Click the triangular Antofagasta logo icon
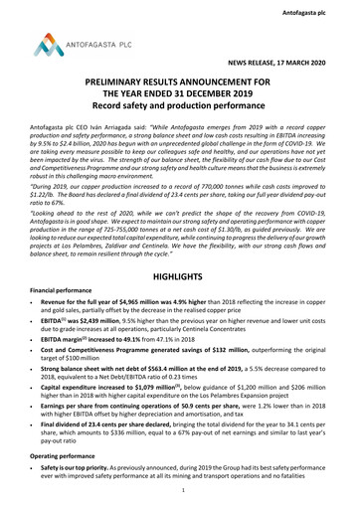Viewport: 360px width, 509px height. (x=45, y=43)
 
